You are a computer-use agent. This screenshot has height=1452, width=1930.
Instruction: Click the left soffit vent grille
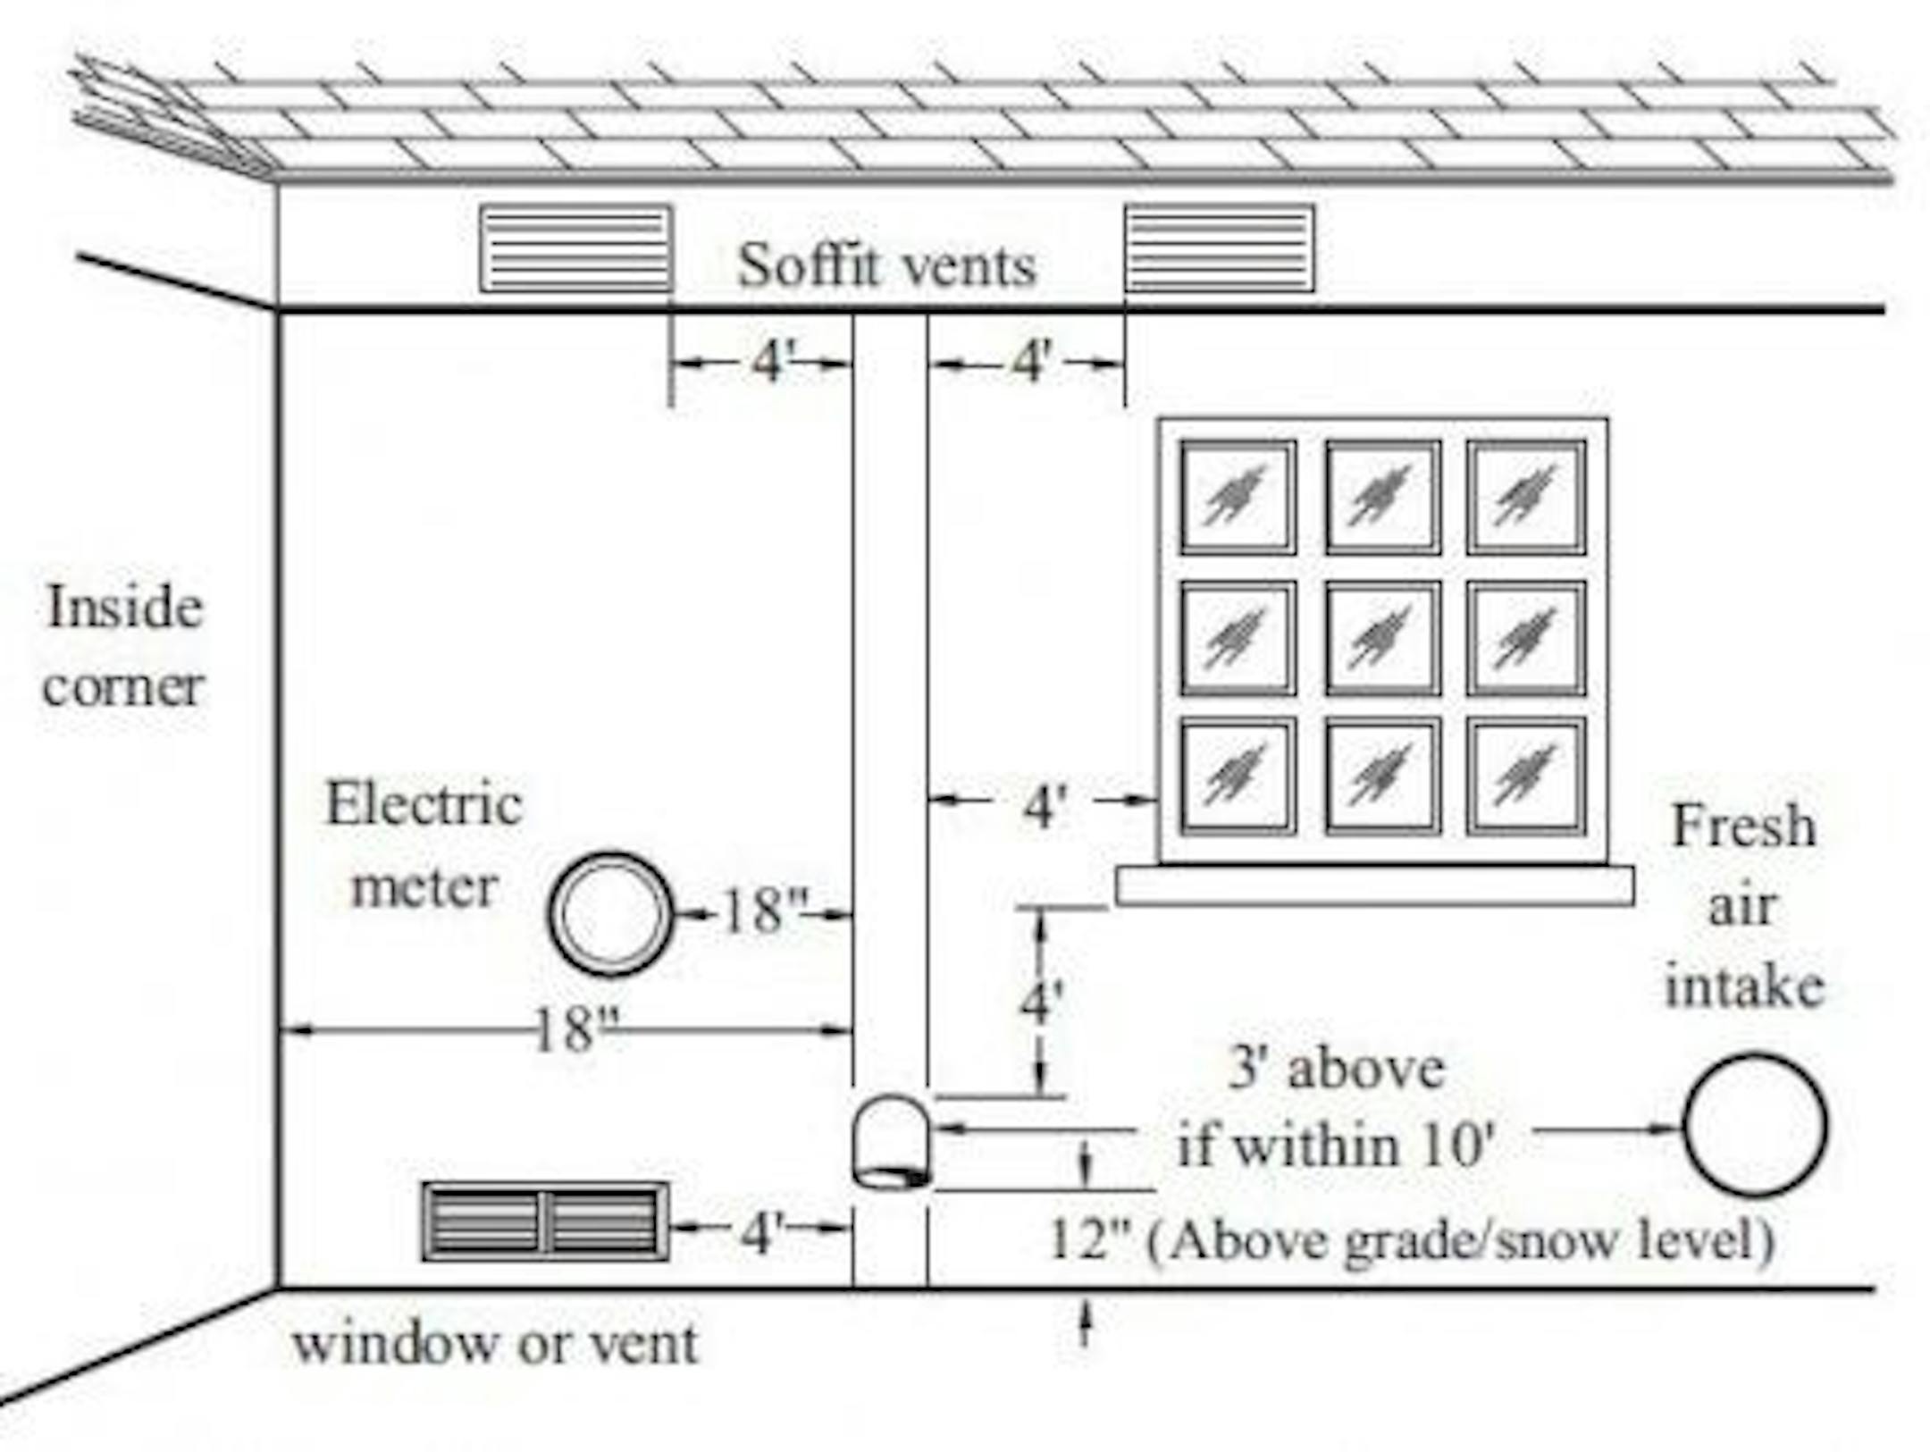pos(576,248)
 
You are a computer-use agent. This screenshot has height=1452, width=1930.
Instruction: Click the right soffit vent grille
pos(1219,248)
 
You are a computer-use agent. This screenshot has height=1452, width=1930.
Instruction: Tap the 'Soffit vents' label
pos(886,265)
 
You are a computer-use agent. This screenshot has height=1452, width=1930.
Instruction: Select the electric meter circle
pos(610,913)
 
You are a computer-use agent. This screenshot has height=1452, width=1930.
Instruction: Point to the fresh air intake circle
pos(1755,1125)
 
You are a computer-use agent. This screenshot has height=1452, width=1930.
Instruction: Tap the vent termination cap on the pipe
pos(891,1143)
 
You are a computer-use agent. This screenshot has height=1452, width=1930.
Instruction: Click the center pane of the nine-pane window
pos(1382,638)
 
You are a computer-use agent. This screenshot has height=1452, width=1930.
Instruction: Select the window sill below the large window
pos(1375,885)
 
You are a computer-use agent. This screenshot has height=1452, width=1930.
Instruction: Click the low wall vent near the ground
pos(545,1221)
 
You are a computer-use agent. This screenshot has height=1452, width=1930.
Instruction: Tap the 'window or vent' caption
pos(495,1343)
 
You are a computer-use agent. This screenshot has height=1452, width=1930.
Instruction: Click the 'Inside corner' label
pos(125,646)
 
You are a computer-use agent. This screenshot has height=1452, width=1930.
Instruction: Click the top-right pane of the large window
pos(1525,498)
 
